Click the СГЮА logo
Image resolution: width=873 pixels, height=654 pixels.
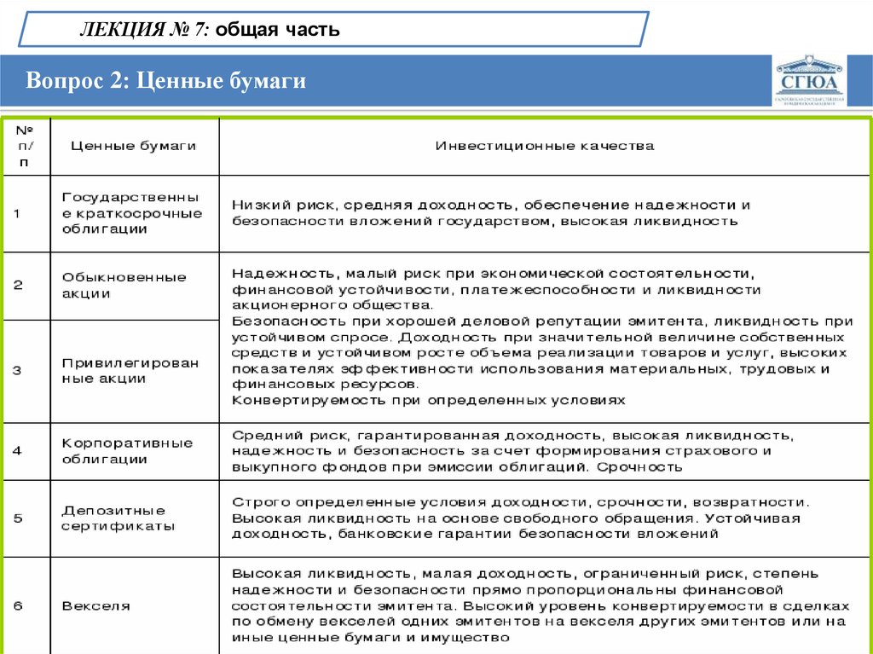point(810,82)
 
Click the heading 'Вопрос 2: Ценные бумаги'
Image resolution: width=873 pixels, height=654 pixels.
point(165,81)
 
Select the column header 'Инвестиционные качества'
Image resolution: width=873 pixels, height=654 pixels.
point(545,146)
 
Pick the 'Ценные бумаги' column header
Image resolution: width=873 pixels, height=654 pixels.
point(133,146)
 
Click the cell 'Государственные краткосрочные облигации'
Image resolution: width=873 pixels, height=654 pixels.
point(132,212)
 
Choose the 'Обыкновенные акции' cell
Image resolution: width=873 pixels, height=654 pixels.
point(124,286)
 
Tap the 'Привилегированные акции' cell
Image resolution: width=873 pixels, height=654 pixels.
point(130,371)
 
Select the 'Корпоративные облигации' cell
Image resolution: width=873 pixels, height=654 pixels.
point(128,451)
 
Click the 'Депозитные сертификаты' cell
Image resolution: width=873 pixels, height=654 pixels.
point(119,518)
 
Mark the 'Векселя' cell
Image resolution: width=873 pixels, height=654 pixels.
point(95,606)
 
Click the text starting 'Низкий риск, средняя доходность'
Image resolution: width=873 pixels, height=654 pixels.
point(491,213)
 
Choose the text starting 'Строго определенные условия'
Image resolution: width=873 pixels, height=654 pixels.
point(520,518)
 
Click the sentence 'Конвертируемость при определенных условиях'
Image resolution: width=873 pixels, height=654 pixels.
point(429,400)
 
